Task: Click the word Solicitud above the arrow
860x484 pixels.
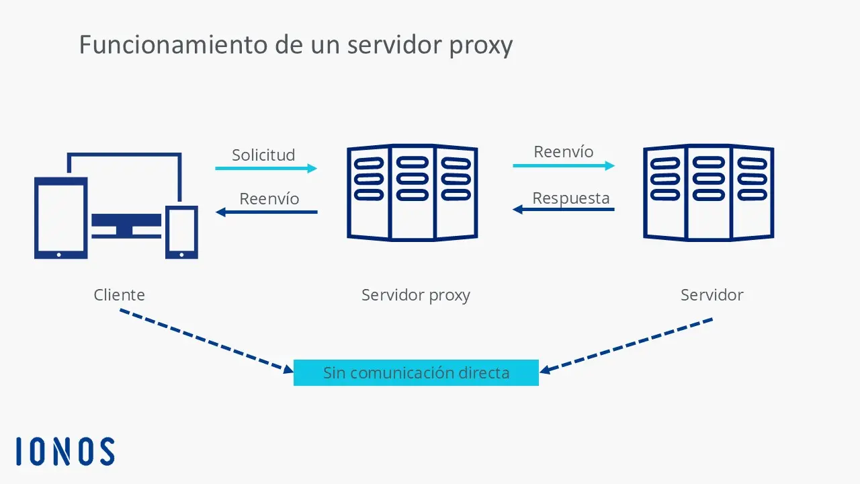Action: coord(263,155)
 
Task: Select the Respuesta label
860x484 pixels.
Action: coord(571,199)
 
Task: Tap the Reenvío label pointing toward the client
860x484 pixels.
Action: coord(269,199)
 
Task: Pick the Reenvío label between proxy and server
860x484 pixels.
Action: coord(564,152)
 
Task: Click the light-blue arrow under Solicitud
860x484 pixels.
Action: coord(266,168)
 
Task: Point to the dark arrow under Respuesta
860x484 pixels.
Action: coord(564,210)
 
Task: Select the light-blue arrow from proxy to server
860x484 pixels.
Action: coord(564,165)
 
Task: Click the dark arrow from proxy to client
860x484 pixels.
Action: coord(266,212)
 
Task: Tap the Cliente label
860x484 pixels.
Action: coord(119,294)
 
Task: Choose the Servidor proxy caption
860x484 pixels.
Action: coord(416,295)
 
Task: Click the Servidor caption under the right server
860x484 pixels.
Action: coord(712,295)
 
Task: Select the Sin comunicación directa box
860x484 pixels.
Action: coord(416,372)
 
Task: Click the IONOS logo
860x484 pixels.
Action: coord(65,451)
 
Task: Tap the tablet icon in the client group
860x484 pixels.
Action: coord(60,218)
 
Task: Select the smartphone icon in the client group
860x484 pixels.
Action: coord(181,232)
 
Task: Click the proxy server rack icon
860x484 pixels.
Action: coord(412,193)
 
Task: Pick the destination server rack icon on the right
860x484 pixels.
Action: coord(708,193)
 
